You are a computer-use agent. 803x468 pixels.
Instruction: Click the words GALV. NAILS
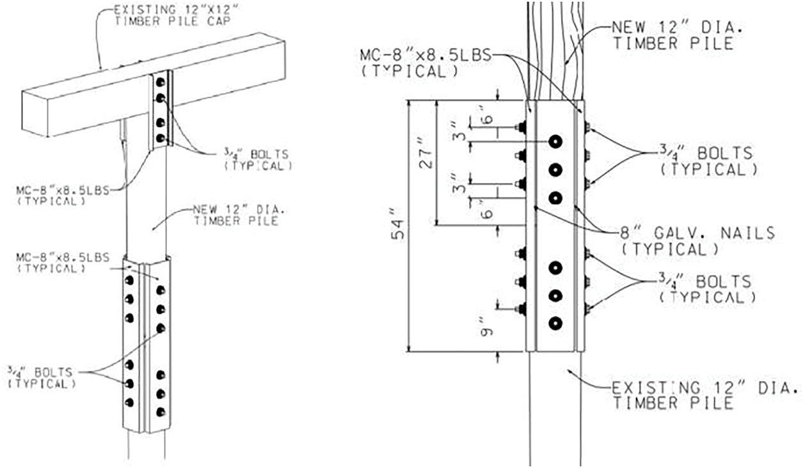click(714, 233)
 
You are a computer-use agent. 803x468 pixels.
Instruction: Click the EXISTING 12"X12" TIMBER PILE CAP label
click(176, 15)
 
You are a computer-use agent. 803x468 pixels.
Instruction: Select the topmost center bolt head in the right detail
click(555, 141)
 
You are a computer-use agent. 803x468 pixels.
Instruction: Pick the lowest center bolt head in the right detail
click(555, 324)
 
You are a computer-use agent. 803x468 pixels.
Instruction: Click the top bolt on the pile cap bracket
click(160, 82)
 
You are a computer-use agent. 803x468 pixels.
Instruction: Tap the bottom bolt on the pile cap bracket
click(161, 138)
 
